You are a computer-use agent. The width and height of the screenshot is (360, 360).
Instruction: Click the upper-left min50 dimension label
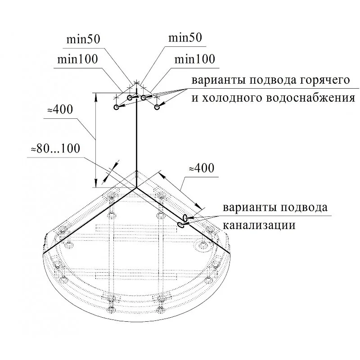click(83, 39)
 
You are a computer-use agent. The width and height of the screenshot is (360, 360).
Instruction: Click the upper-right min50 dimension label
click(185, 37)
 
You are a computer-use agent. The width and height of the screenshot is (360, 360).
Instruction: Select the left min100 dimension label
click(77, 59)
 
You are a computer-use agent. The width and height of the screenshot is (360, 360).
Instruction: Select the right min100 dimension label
click(195, 59)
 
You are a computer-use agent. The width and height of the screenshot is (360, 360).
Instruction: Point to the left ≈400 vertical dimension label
click(60, 109)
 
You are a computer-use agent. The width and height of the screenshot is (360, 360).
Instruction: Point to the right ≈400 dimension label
click(202, 168)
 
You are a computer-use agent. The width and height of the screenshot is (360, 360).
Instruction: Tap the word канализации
click(259, 225)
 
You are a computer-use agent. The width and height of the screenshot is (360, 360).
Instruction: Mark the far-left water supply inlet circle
click(116, 107)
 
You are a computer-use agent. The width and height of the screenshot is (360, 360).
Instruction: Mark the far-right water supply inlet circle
click(157, 107)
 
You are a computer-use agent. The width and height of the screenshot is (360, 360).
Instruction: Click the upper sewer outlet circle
click(185, 217)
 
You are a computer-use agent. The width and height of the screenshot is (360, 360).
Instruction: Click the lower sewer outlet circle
click(181, 225)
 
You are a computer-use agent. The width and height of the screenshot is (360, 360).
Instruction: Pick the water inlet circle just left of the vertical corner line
click(130, 98)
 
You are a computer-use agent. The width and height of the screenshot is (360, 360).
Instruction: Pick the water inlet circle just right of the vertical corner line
click(144, 98)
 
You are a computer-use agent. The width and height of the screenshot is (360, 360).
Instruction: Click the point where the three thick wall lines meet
click(137, 188)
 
